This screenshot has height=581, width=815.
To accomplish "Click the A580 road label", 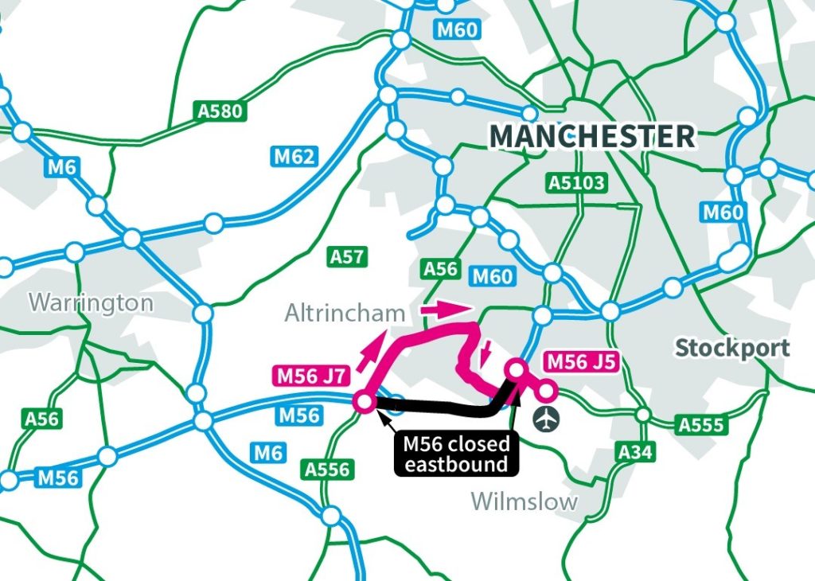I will pos(220,111).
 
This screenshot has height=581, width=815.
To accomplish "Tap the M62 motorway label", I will pos(294,157).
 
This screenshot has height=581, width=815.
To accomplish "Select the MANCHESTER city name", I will pos(592,136).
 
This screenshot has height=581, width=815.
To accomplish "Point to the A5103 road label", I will pos(577,183).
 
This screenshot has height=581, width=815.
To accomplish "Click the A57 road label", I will pos(347,256).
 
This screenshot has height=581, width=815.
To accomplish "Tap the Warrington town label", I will pos(91,302).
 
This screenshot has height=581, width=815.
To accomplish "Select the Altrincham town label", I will pos(345,314).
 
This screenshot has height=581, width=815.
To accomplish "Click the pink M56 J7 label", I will pos(310,375).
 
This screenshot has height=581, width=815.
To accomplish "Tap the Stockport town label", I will pos(732,348).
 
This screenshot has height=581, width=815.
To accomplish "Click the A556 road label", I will pos(327,470).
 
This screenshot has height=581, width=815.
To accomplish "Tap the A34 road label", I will pos(635,453).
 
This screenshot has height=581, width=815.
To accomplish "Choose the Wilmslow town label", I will pos(524,501).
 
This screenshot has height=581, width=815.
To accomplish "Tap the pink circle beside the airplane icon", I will pos(547,391).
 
